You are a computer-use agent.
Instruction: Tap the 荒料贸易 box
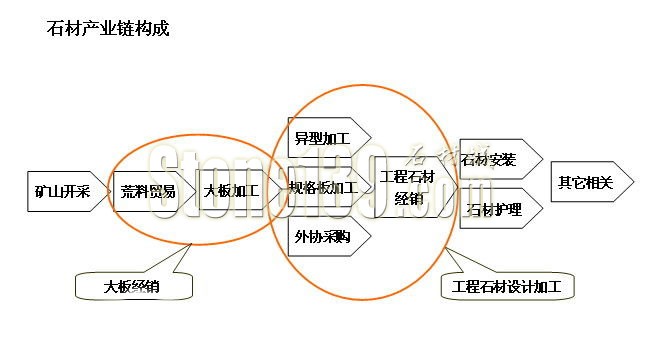(x=147, y=190)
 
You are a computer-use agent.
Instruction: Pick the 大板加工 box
(x=229, y=190)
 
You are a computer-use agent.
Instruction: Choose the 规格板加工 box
(x=323, y=187)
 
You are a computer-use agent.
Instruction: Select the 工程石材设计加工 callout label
(x=507, y=287)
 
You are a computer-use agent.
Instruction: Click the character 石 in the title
(x=55, y=28)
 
